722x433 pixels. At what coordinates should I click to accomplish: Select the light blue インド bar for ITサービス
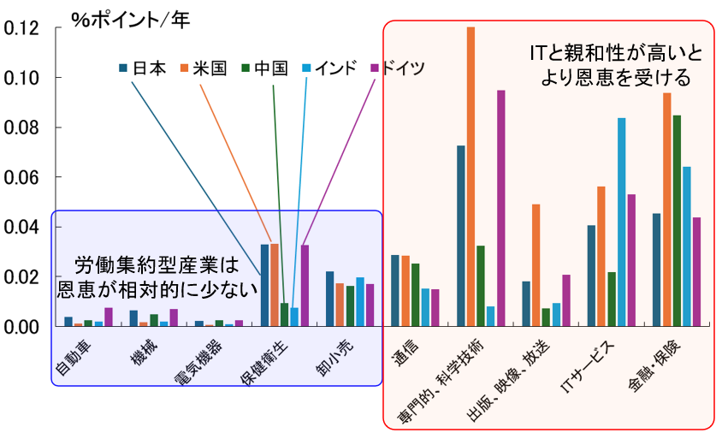622,222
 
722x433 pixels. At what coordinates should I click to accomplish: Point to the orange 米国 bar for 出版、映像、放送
536,265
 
